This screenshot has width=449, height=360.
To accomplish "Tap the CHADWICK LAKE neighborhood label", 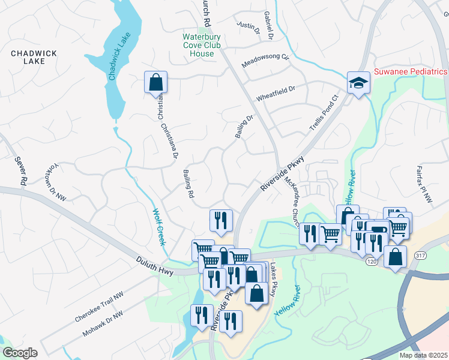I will coord(34,57).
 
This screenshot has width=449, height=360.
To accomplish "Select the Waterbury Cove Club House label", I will coord(202,46).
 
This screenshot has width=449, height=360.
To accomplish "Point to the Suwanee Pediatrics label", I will coord(411,71).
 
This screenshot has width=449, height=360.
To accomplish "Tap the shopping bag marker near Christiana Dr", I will coord(155,82).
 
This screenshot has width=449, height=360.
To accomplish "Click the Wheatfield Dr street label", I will coord(276,94).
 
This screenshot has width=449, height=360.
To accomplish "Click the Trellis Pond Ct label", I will coord(324,113).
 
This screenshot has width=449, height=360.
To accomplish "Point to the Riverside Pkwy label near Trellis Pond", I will coord(283,175).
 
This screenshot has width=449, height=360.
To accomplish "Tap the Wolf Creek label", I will coord(158,227).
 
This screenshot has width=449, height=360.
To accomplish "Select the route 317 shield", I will coord(418,256).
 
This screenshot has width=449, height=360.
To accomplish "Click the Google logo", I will coord(20,353).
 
